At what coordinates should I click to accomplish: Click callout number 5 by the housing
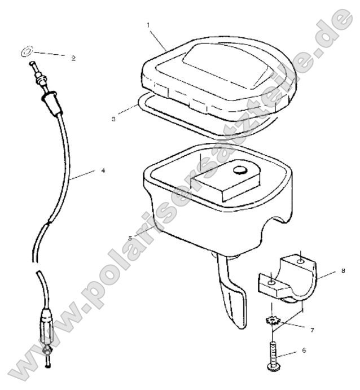pyautogui.click(x=130, y=238)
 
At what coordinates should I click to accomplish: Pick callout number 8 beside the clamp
pyautogui.click(x=343, y=271)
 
